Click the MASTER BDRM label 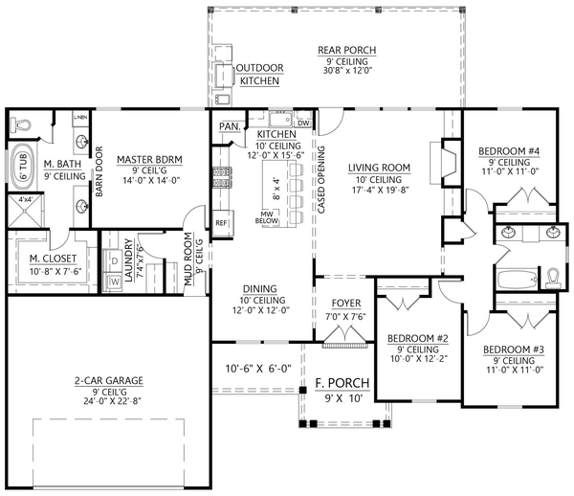(x=150, y=159)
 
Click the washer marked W (x=116, y=282)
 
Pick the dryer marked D (x=116, y=259)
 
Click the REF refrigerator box (x=222, y=223)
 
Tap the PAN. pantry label (x=229, y=125)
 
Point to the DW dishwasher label (x=303, y=124)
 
